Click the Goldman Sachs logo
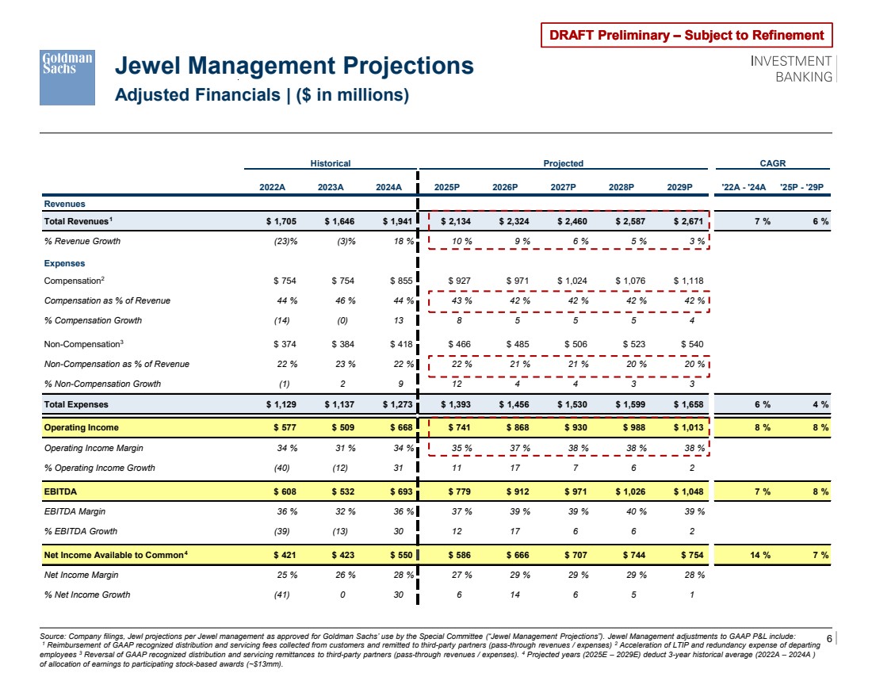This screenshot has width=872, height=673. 67,78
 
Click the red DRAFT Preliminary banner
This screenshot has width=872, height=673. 687,35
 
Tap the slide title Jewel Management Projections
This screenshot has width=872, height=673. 295,65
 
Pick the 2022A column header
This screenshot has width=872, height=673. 273,187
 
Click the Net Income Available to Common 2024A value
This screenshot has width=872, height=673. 392,553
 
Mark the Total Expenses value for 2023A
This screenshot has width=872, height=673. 335,404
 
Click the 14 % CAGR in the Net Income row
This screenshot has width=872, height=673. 762,553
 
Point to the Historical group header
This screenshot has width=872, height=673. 330,163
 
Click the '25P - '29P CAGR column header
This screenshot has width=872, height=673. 804,187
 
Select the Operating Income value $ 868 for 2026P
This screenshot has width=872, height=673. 513,428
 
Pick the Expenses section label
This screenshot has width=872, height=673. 64,263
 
